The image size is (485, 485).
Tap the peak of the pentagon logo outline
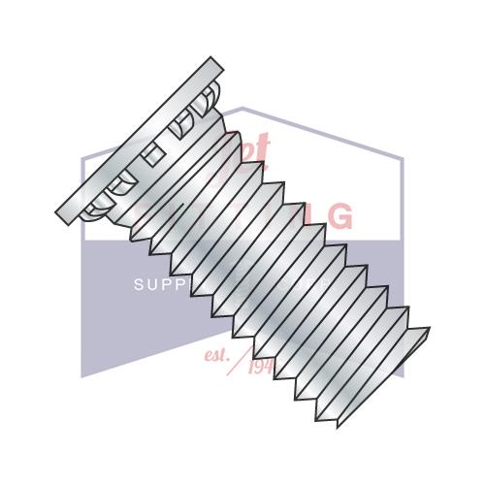pyautogui.click(x=242, y=108)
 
